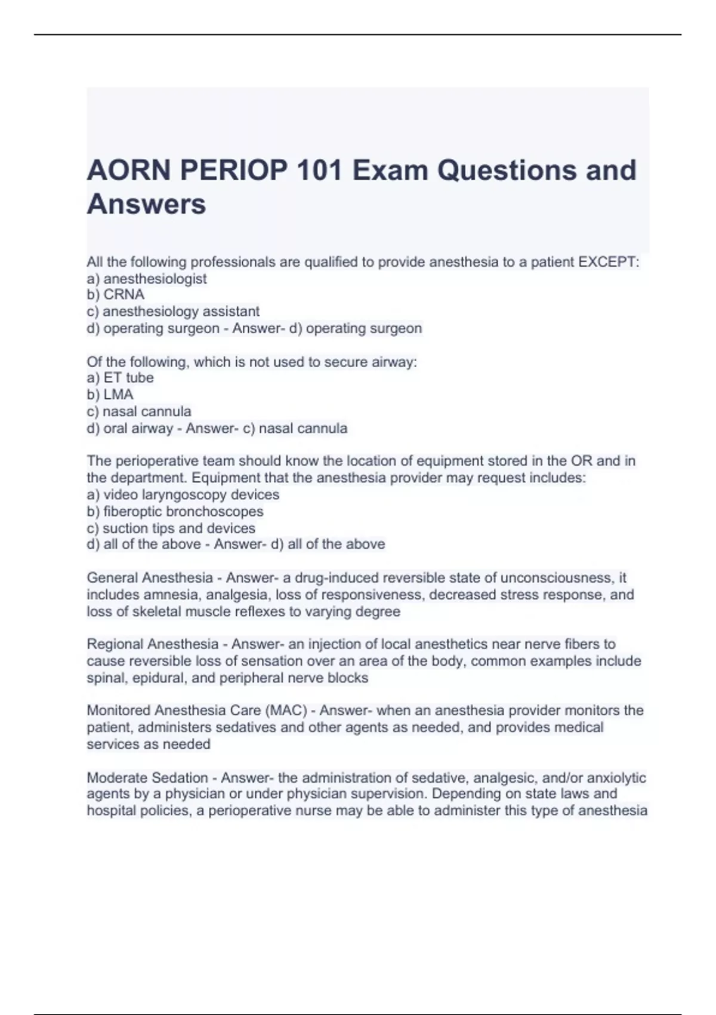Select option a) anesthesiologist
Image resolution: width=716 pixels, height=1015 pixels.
pos(147,279)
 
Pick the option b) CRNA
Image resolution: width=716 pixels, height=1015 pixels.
pos(116,295)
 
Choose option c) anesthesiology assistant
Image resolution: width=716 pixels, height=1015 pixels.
pos(173,312)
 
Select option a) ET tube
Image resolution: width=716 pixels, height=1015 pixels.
pos(120,378)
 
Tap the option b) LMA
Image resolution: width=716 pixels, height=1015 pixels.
pos(110,395)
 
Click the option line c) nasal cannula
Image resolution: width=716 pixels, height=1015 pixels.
pos(139,411)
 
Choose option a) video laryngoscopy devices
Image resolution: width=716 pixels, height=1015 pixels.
pos(183,495)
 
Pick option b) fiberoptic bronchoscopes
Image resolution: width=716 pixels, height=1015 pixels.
pos(175,512)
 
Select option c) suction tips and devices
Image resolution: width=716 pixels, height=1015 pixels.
pos(171,528)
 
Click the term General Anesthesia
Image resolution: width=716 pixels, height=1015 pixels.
pos(150,578)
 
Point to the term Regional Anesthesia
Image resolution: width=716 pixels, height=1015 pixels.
pos(153,644)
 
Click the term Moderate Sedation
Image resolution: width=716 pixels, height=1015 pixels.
pos(147,778)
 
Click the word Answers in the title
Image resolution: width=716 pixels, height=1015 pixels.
pos(146,204)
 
